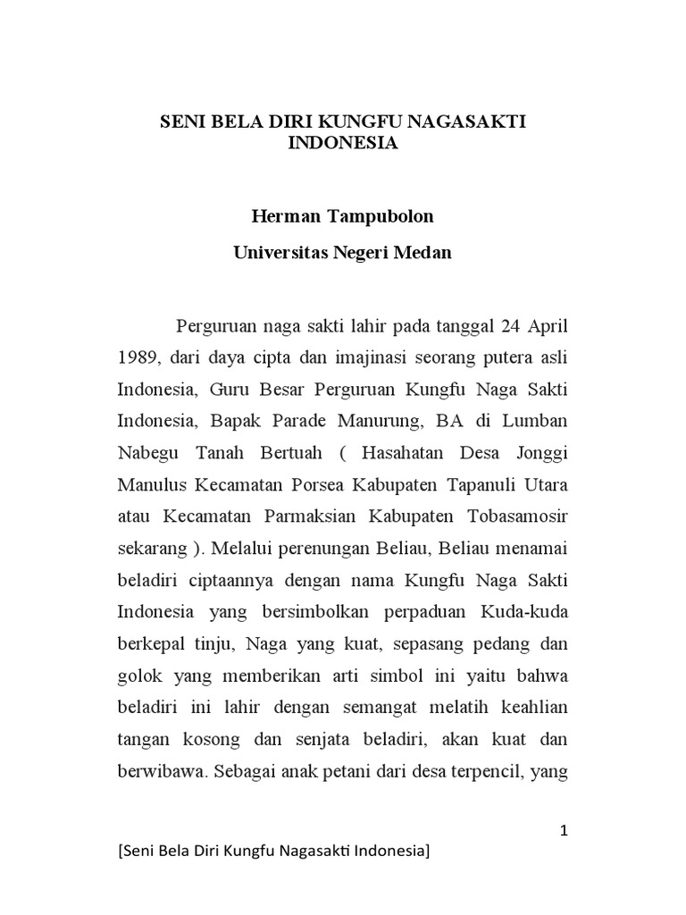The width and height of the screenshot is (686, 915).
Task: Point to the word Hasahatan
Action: pyautogui.click(x=404, y=451)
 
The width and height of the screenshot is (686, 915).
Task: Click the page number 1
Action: pyautogui.click(x=565, y=832)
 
